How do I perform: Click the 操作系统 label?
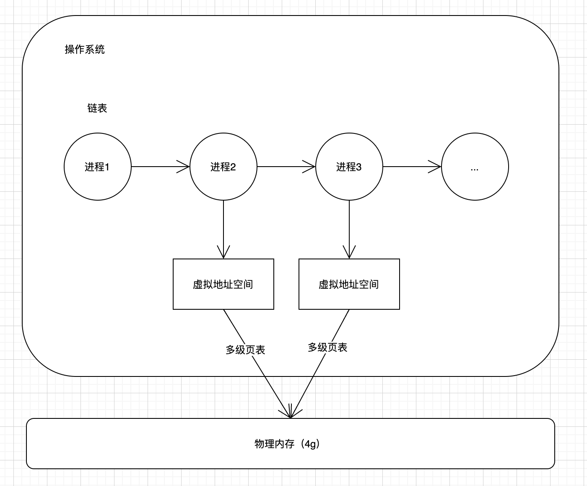click(x=85, y=50)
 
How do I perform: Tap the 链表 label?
click(x=97, y=108)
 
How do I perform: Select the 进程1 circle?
click(x=97, y=167)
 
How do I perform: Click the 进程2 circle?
click(x=223, y=167)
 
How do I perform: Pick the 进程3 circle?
click(x=349, y=167)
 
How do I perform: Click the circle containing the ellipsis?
click(x=475, y=167)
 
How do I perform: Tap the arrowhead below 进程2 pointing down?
click(x=223, y=253)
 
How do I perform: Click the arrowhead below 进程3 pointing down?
click(x=349, y=253)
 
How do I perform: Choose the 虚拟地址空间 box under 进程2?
click(x=223, y=284)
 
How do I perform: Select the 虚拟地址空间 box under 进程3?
click(x=349, y=284)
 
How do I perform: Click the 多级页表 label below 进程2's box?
click(x=245, y=350)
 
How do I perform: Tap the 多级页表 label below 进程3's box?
click(x=327, y=348)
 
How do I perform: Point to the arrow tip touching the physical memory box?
click(x=290, y=417)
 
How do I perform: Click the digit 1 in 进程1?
click(x=107, y=167)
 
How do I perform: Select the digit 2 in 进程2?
click(x=233, y=167)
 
